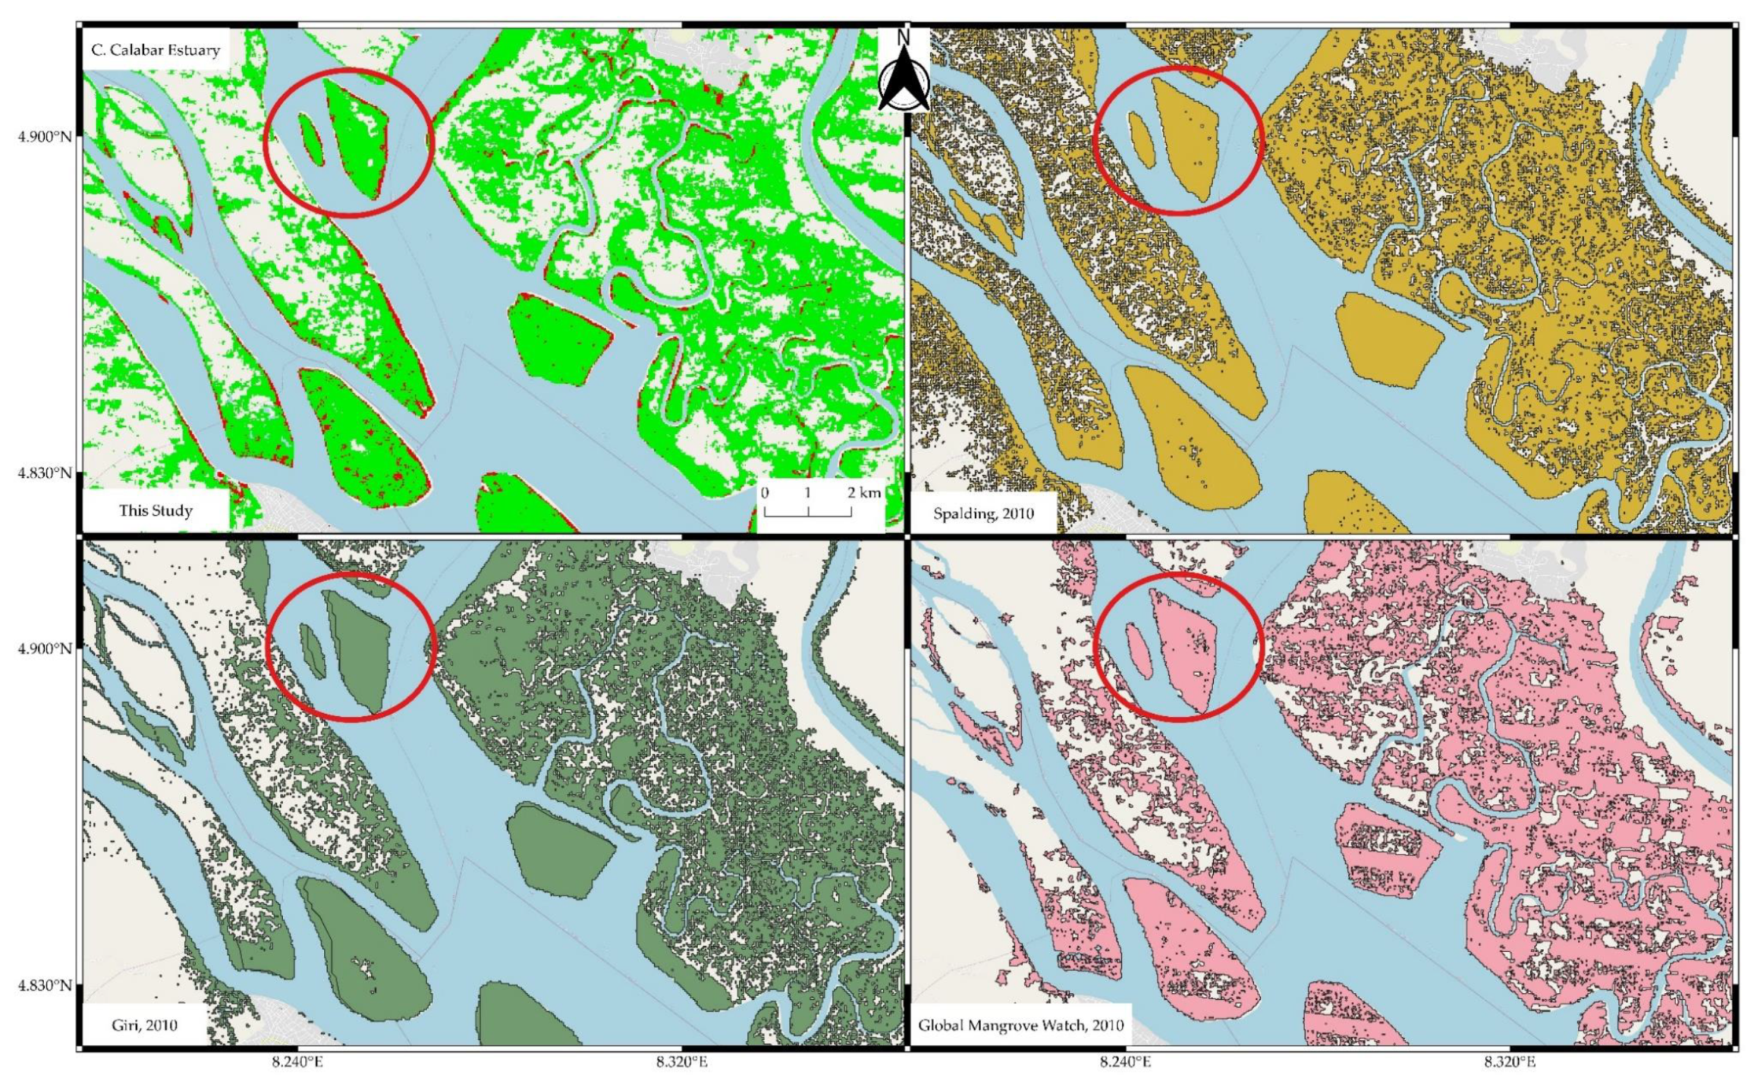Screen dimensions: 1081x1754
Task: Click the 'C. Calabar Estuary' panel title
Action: point(156,50)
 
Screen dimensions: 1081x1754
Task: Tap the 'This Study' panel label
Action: point(156,511)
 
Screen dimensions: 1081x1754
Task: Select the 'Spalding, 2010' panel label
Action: point(984,514)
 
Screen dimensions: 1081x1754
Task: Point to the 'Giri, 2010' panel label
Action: point(145,1025)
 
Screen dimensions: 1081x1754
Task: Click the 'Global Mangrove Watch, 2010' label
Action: point(1020,1025)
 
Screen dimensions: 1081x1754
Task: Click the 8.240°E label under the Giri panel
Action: point(298,1062)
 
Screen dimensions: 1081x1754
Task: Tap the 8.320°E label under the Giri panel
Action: point(682,1062)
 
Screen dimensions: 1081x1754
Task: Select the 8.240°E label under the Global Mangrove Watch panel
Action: point(1126,1062)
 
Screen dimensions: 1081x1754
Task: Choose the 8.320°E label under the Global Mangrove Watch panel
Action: point(1509,1062)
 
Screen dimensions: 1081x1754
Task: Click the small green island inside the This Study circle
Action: point(311,138)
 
